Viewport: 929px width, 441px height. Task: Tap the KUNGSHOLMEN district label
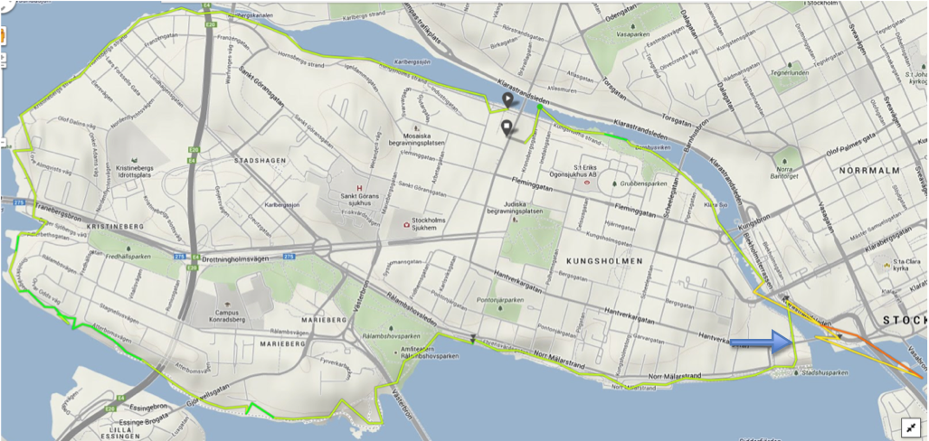point(604,260)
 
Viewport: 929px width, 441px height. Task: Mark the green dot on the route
point(539,108)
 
